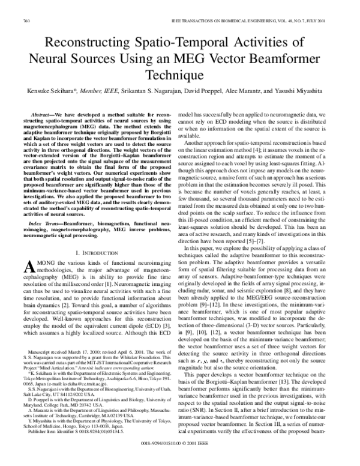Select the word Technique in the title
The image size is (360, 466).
179,77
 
